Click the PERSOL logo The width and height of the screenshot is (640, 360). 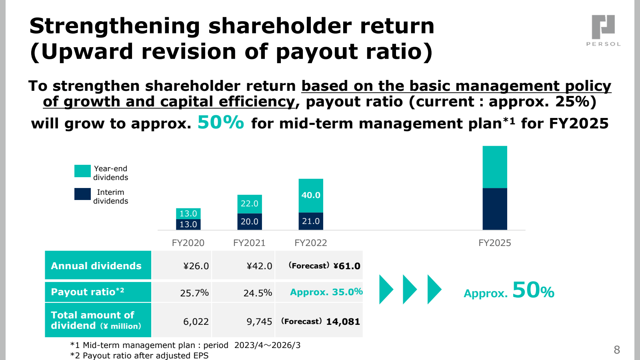[x=603, y=30]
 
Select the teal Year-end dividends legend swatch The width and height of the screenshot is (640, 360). [x=82, y=171]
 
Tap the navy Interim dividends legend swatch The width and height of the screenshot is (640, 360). [x=82, y=194]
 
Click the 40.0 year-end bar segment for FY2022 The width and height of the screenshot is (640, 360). [x=311, y=196]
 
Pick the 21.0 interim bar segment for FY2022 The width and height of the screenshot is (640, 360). [x=311, y=221]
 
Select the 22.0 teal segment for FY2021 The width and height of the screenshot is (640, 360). [x=250, y=204]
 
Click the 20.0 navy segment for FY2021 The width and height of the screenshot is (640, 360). [x=250, y=222]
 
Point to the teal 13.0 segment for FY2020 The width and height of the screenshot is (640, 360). [x=188, y=214]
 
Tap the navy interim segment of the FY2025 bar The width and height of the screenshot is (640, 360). [x=495, y=209]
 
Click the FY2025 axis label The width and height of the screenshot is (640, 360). [x=494, y=243]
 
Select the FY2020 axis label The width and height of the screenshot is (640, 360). [x=188, y=243]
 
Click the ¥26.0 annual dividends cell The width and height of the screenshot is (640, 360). [x=182, y=265]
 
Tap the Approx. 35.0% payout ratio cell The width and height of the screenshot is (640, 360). [x=319, y=292]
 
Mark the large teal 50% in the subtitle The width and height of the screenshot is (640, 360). [x=221, y=122]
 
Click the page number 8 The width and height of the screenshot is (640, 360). [x=617, y=350]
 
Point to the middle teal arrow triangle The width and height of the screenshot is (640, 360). [x=410, y=290]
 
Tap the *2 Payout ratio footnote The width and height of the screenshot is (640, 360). [x=140, y=356]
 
